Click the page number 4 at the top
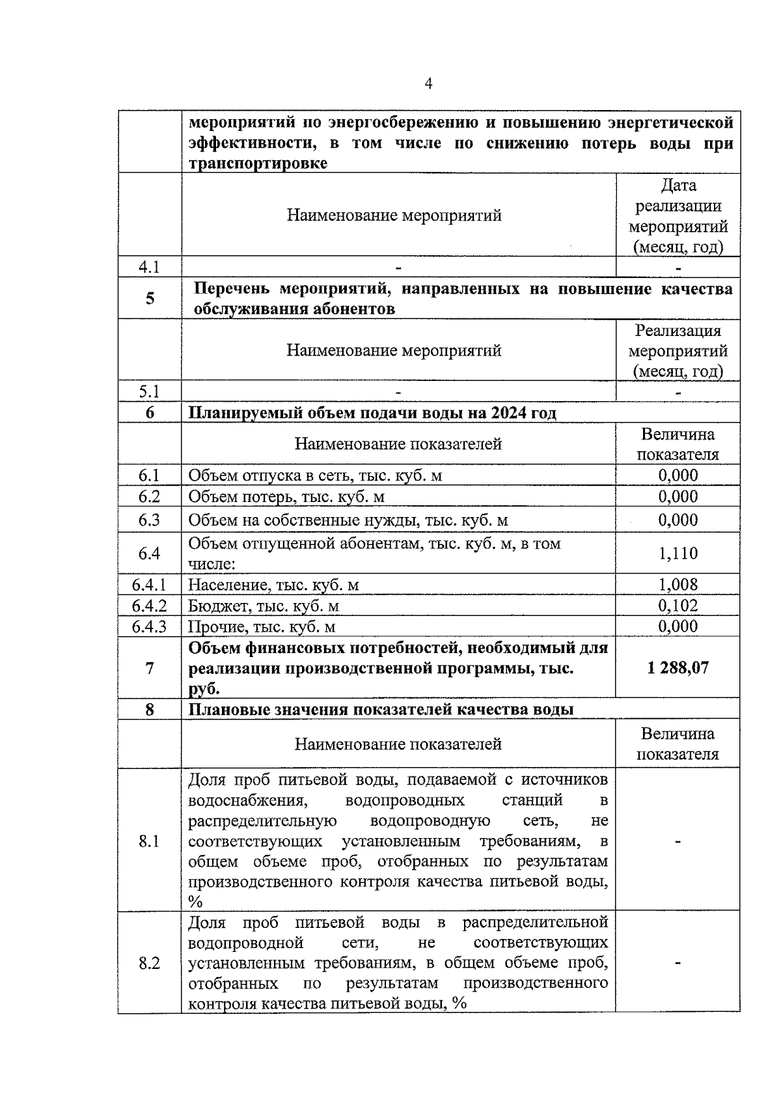[428, 83]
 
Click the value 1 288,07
[678, 668]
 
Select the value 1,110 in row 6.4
[678, 553]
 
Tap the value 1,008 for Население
[678, 585]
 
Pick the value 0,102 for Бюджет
[678, 606]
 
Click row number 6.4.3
[149, 626]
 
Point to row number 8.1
[149, 841]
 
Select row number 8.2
[149, 963]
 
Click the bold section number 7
[150, 668]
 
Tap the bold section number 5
[150, 298]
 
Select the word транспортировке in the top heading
[258, 163]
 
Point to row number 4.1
[149, 267]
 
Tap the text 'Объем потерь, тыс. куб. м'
[286, 497]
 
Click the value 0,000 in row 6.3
[678, 520]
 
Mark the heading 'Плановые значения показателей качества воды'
[381, 709]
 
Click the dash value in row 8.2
[678, 963]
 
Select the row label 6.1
[149, 475]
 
